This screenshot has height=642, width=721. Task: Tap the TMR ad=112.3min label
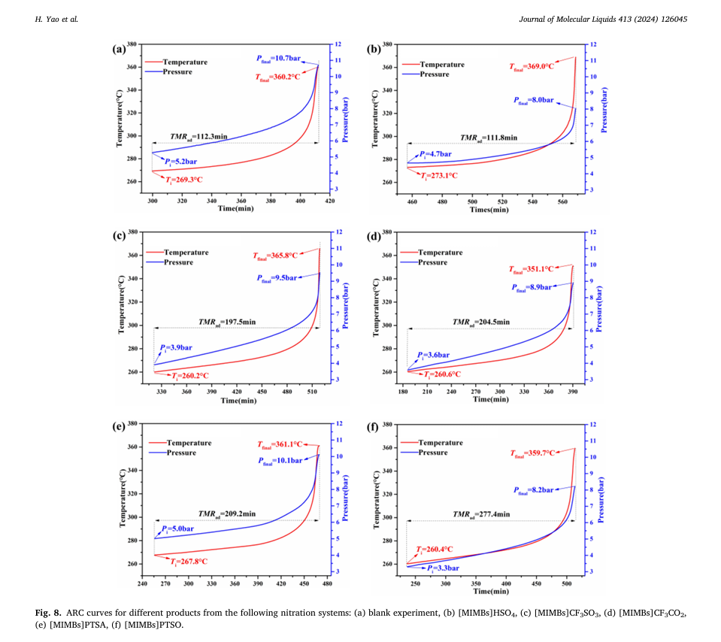point(198,136)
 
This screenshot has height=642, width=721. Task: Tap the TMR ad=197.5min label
point(227,322)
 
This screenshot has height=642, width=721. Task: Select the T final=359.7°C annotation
point(532,453)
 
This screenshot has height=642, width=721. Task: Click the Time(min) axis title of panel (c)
point(239,400)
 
